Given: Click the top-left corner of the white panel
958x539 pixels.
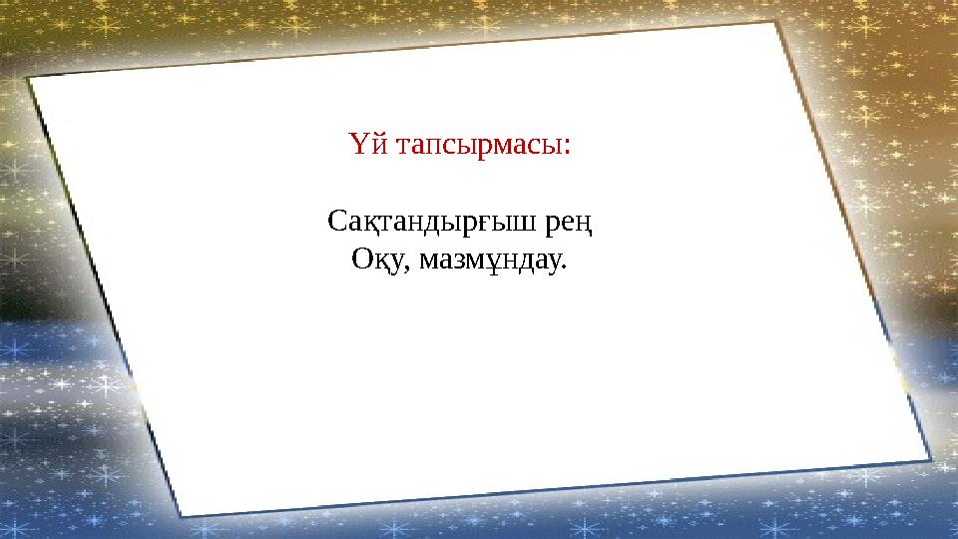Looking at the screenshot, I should click(30, 78).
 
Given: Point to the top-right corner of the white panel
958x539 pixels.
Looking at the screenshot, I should click(779, 24).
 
